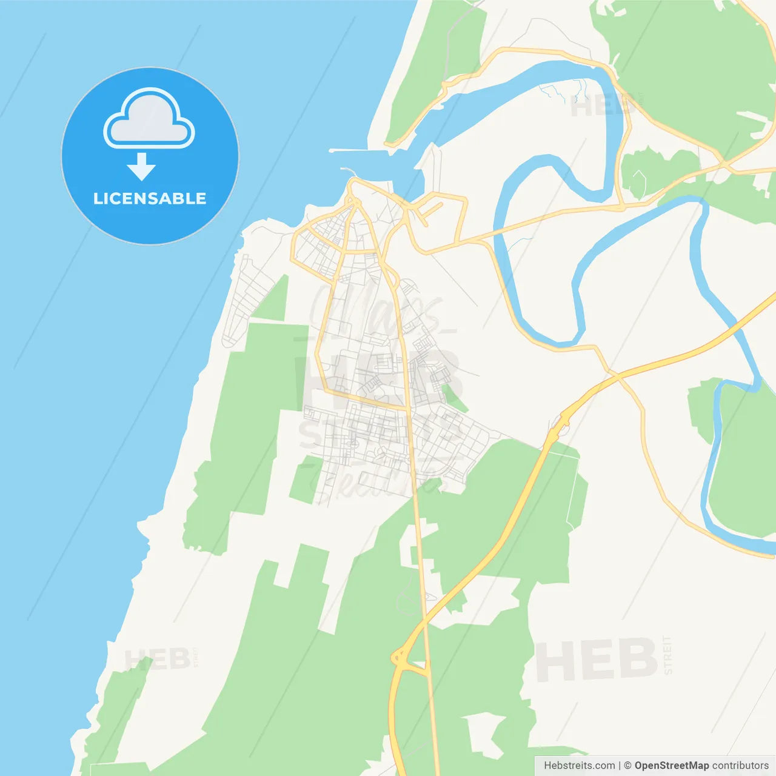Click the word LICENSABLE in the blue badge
pos(150,198)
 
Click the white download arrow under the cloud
pos(141,167)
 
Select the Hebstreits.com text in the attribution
pos(579,766)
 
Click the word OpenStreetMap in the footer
pos(671,766)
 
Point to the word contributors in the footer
pos(740,766)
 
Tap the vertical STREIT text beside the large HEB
pos(667,655)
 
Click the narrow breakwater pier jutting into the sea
pos(348,150)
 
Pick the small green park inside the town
pos(453,397)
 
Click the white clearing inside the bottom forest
pos(485,734)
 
